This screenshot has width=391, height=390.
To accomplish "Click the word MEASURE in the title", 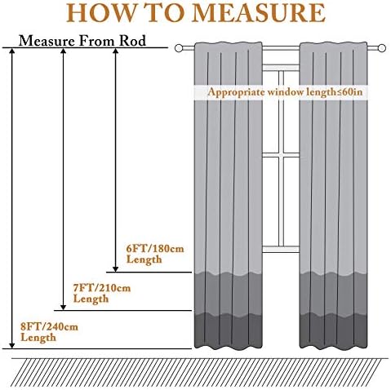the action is (x=259, y=13).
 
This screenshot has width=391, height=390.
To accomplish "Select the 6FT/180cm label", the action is (x=155, y=249).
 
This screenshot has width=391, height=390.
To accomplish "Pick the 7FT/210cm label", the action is (x=102, y=288).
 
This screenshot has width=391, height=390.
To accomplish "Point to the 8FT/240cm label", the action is (x=49, y=326).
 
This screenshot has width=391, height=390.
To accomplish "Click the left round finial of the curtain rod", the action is (x=179, y=48).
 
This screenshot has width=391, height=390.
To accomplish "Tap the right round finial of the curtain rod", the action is (x=382, y=48).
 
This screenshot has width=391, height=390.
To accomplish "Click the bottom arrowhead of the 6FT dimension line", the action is (x=116, y=268).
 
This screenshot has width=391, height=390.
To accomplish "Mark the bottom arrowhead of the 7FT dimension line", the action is (x=63, y=307).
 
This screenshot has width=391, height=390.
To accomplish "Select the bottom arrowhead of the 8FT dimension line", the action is (x=12, y=345).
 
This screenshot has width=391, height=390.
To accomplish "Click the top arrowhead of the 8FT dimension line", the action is (x=12, y=51).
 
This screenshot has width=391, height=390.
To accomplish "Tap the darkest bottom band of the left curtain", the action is (x=228, y=331).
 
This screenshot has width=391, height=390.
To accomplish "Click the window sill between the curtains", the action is (x=281, y=249).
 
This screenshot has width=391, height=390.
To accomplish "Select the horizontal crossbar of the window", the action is (x=281, y=156).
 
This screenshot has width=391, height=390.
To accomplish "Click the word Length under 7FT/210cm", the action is (x=91, y=299).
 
